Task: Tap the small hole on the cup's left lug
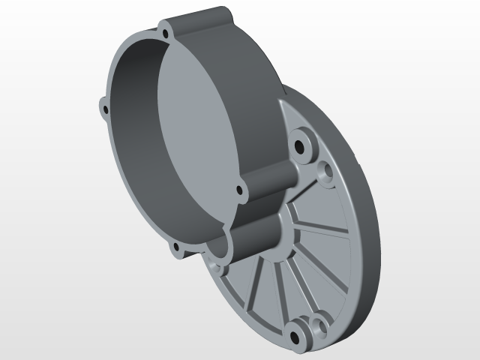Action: coord(105,109)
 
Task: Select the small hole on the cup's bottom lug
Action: coord(177,247)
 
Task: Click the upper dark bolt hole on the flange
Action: coord(303,144)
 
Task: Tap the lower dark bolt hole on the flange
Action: coord(298,332)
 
